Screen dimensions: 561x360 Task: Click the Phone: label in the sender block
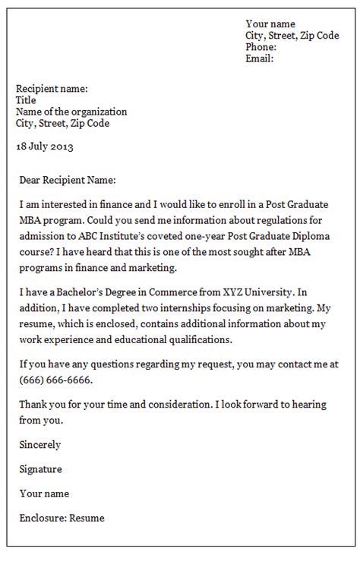pos(261,47)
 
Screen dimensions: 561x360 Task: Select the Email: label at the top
pos(259,58)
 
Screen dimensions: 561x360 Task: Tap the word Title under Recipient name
pos(26,100)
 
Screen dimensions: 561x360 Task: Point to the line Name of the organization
pos(71,112)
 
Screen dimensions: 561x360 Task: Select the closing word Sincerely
pos(40,445)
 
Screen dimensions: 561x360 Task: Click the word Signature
pos(41,469)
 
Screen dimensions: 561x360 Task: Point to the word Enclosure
pos(43,518)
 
